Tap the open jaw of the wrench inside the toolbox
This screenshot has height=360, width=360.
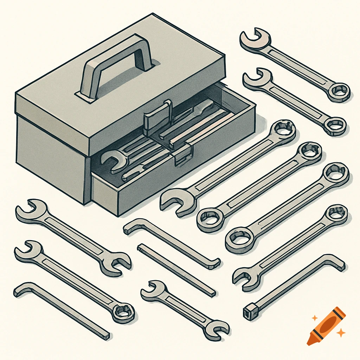[112, 160]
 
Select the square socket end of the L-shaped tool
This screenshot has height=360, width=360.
[248, 311]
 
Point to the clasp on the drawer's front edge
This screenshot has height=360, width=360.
[183, 155]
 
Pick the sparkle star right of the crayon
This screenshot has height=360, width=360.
[340, 333]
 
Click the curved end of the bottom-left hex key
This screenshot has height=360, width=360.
[21, 290]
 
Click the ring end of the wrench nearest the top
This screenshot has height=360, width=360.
[339, 91]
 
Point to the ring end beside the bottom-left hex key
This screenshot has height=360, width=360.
[123, 311]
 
